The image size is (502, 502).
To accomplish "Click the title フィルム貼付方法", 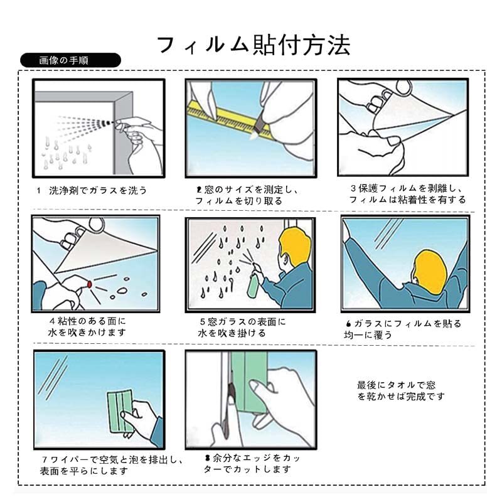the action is [x=254, y=45].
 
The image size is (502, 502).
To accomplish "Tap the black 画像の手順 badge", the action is [x=70, y=60].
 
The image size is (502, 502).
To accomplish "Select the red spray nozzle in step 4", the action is [x=90, y=284].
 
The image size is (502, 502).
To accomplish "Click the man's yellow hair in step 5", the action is [x=294, y=246].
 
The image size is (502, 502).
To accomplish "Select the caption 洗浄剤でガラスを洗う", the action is [x=98, y=191].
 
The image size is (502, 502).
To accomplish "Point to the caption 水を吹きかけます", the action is [x=87, y=333].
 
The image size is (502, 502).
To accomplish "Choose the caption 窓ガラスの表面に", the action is [x=247, y=322].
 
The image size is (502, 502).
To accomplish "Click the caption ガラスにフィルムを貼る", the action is [x=407, y=324].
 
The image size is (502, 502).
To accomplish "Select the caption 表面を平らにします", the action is [x=84, y=471].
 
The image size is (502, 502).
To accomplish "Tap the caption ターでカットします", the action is [x=247, y=469].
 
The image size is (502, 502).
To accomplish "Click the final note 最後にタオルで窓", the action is [x=397, y=385].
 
